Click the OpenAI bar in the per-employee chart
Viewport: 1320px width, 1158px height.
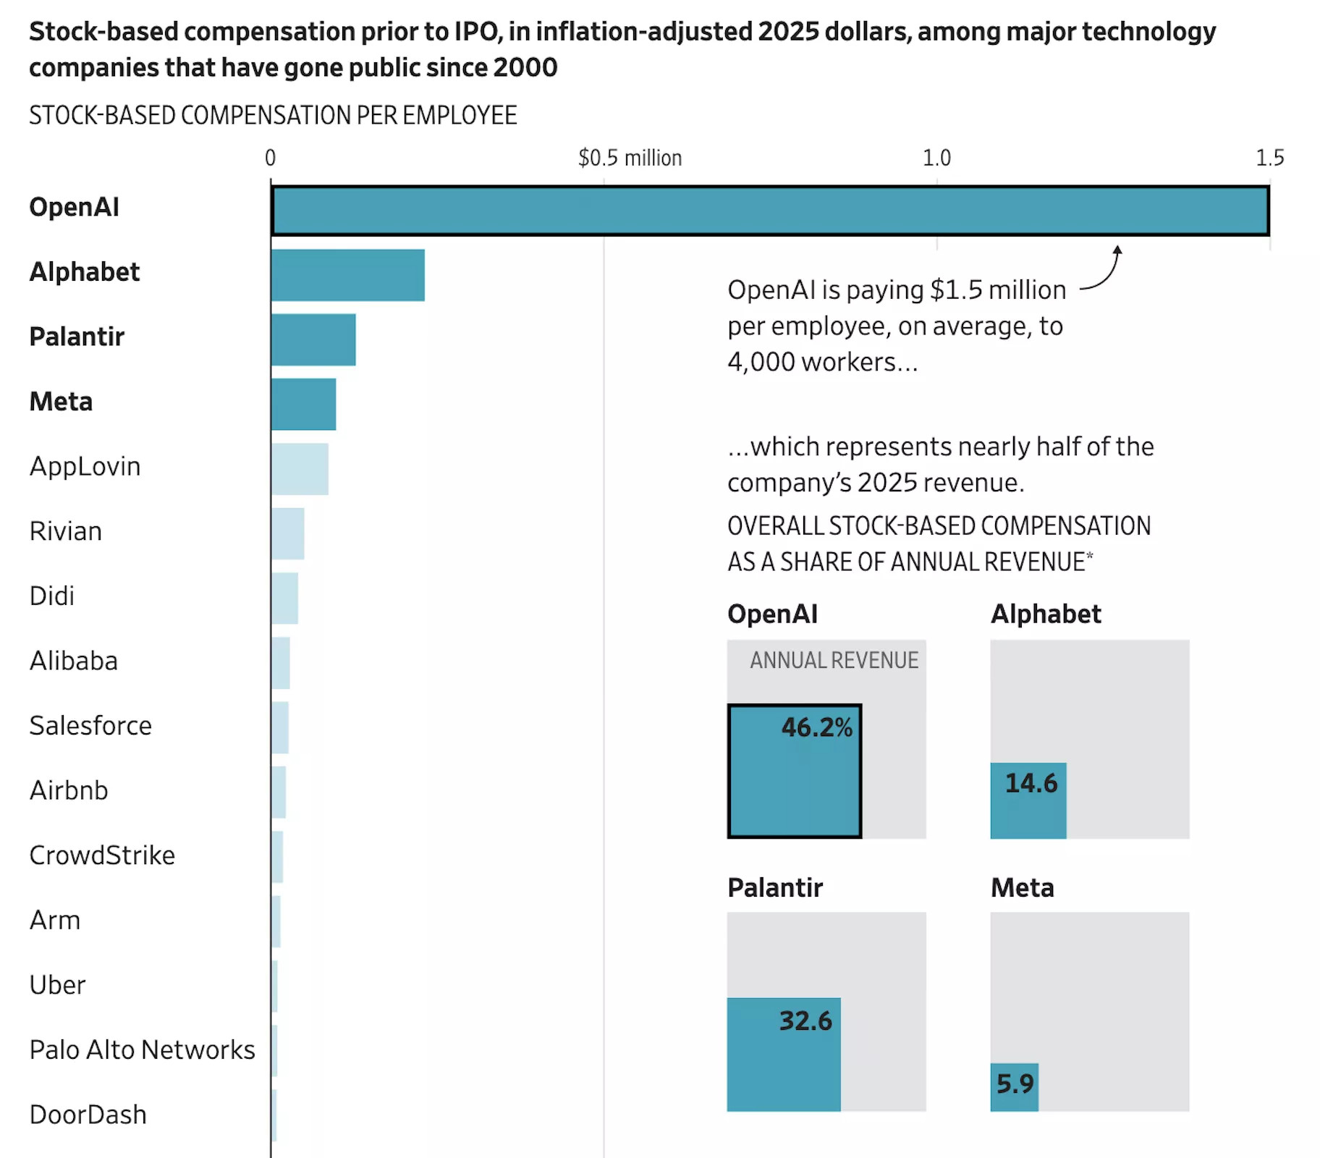click(770, 211)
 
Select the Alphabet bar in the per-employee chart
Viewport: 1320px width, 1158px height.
click(347, 275)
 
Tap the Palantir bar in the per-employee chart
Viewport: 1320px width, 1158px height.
click(313, 339)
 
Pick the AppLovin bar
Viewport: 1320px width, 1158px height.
click(300, 469)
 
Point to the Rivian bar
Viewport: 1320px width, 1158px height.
click(288, 533)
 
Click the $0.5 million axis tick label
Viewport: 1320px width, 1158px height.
click(630, 158)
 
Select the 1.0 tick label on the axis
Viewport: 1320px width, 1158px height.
click(936, 158)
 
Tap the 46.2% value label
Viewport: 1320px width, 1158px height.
click(816, 727)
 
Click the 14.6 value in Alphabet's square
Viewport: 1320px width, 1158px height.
click(1031, 783)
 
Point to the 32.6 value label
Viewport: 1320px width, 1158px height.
click(805, 1020)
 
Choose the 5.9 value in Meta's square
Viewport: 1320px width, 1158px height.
click(1015, 1083)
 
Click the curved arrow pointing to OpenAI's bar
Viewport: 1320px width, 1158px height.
click(1104, 271)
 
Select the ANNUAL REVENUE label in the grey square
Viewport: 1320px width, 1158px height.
click(834, 660)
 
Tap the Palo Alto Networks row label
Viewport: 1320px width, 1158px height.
click(142, 1049)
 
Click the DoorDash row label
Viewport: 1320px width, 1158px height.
click(88, 1115)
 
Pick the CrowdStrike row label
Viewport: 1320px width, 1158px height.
click(102, 855)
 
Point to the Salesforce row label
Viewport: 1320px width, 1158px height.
click(90, 725)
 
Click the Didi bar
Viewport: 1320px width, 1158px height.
click(285, 599)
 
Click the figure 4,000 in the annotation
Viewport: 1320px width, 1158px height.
click(761, 362)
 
